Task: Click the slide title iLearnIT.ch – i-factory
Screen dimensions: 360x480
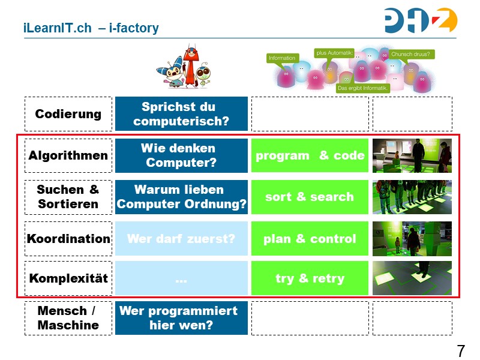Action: [91, 28]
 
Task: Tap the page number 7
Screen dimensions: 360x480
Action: [461, 350]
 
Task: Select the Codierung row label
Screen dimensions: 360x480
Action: [68, 114]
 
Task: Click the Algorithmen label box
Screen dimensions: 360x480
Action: [68, 155]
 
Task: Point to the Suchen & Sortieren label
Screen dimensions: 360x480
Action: [68, 197]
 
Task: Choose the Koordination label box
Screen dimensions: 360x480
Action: [68, 238]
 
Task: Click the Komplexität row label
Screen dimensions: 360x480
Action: [68, 278]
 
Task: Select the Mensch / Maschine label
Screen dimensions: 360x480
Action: [68, 318]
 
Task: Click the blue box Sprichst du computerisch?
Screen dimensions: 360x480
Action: [181, 114]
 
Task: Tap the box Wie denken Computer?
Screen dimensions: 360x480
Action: [181, 155]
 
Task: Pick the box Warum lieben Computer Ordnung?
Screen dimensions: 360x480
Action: [181, 197]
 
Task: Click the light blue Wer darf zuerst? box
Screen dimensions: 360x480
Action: [181, 239]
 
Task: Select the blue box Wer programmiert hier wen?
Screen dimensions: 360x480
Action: [181, 318]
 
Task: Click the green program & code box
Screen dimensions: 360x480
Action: [310, 155]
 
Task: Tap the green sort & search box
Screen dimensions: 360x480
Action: [310, 197]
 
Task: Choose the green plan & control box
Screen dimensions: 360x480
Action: [310, 239]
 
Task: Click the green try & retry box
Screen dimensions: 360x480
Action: [310, 278]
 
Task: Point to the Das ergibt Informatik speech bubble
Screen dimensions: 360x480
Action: [363, 88]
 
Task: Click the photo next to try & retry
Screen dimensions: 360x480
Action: [412, 278]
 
